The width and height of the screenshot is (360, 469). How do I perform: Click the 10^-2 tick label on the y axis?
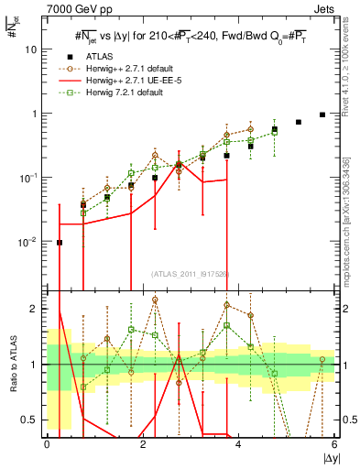click(x=29, y=242)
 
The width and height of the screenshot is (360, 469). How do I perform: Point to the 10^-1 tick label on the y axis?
click(x=29, y=178)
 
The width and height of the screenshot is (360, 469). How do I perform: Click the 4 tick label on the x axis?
click(x=239, y=445)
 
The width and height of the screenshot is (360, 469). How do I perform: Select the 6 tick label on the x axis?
click(x=334, y=445)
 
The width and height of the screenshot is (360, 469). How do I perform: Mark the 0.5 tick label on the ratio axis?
click(x=29, y=420)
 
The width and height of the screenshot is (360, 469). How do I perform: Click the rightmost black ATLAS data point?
click(x=322, y=115)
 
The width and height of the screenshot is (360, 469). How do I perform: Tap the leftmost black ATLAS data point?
click(x=60, y=243)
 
